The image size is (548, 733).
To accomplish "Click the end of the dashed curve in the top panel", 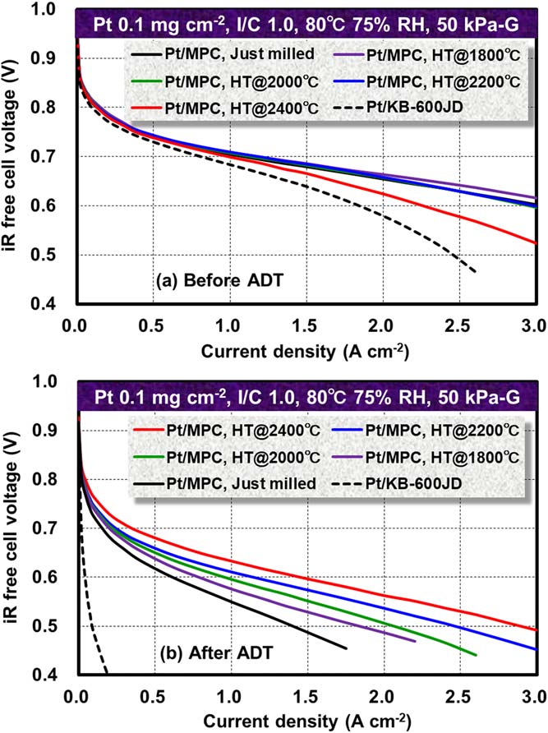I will (x=476, y=272).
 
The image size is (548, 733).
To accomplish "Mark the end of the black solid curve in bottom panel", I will (x=346, y=648).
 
